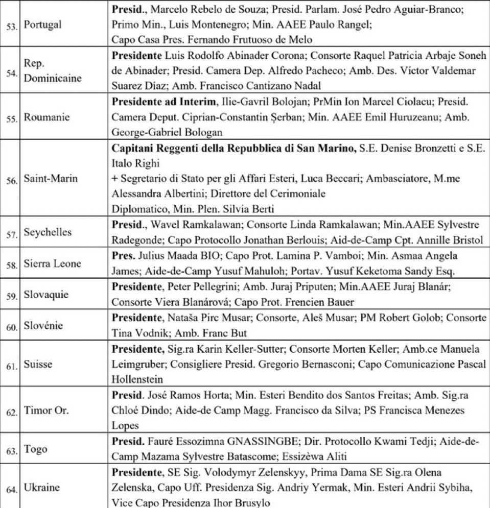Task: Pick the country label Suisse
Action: (x=38, y=365)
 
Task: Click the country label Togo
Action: (x=35, y=449)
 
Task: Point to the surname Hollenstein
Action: (x=138, y=379)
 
